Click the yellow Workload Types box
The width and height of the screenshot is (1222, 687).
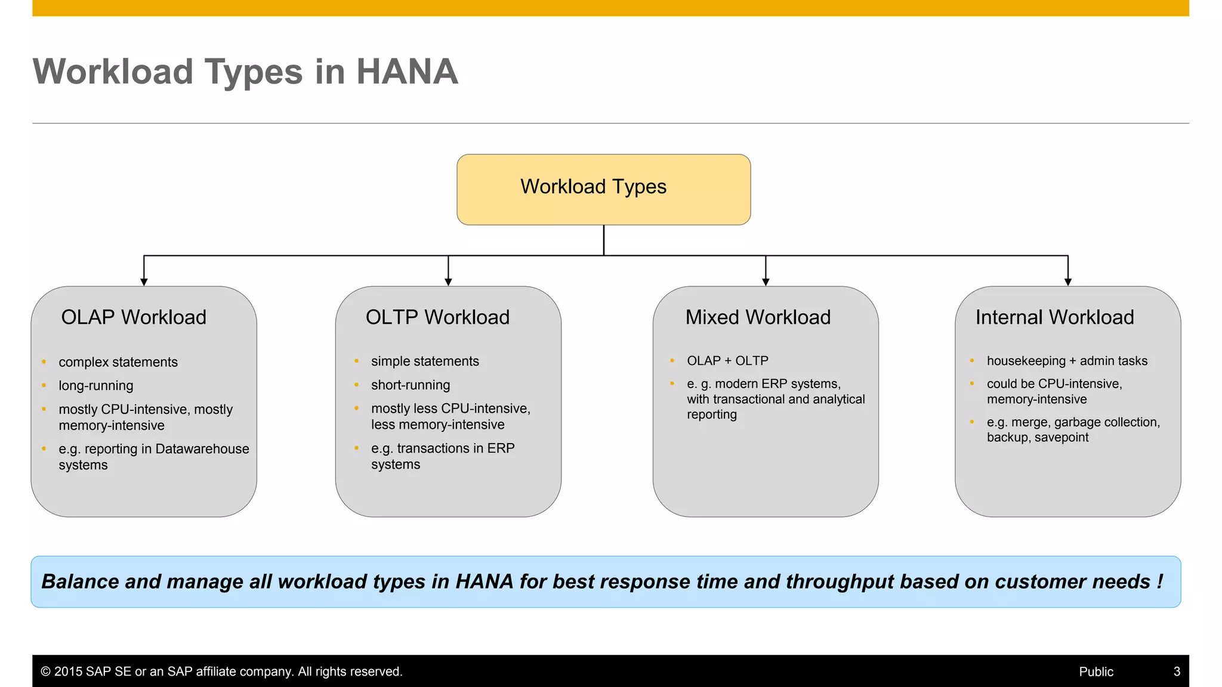603,189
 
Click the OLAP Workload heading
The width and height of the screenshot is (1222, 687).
134,317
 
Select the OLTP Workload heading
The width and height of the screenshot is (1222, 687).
437,317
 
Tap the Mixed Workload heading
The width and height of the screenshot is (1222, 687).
758,317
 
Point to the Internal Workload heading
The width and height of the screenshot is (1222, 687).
1054,317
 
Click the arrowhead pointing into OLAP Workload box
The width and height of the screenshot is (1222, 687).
144,281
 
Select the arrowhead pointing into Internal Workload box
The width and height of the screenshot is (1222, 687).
1067,281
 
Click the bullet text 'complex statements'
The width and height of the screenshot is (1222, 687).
118,362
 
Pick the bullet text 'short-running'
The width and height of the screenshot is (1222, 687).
411,385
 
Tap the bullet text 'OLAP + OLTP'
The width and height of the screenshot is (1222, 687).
727,361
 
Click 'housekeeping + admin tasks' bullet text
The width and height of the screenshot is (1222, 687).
1067,361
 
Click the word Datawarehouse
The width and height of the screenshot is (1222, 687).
202,449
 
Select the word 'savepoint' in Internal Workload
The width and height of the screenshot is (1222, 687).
1061,438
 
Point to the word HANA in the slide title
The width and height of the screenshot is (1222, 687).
407,72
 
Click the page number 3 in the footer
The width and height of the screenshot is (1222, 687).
1177,671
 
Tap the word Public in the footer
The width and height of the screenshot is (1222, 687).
1096,671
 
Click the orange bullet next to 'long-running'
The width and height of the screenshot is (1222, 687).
44,385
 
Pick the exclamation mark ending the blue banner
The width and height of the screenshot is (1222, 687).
1159,581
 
